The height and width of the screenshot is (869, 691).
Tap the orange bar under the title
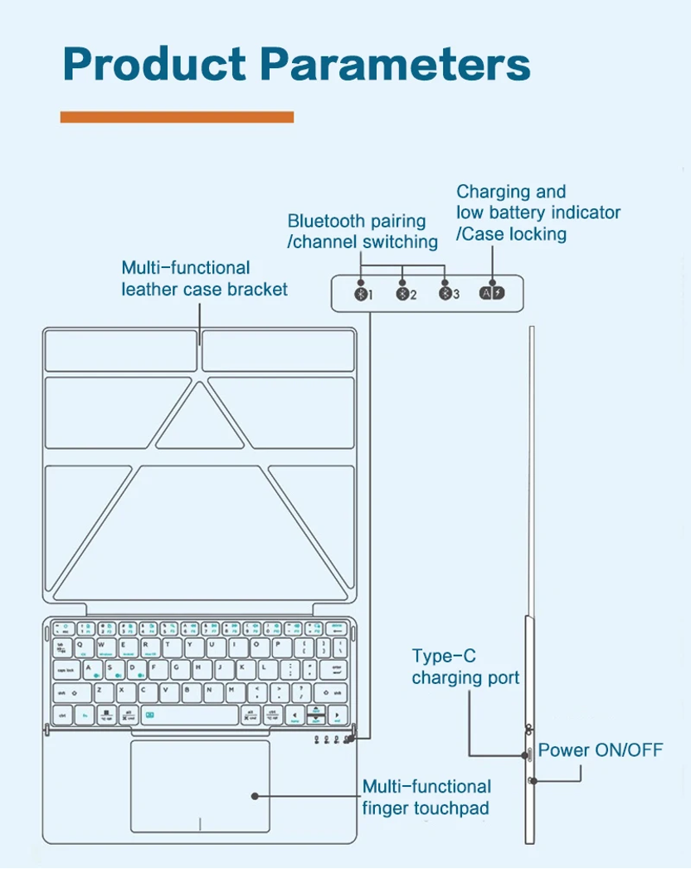[177, 117]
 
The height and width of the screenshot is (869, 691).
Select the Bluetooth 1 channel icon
[360, 294]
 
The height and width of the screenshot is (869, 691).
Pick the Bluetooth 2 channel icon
[403, 294]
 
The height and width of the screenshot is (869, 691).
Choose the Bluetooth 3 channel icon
[445, 294]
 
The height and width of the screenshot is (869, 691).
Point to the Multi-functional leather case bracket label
[204, 278]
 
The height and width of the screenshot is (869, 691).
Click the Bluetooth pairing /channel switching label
[363, 232]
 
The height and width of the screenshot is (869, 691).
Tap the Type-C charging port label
[465, 666]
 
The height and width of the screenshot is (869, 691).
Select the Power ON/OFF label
[601, 750]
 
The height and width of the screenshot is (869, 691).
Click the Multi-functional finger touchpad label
[426, 797]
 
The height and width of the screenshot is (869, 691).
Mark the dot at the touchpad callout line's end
[255, 796]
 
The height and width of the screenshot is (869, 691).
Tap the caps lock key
[66, 668]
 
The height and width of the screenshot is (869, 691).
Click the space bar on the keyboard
[189, 714]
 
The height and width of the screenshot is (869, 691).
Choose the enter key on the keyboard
[337, 668]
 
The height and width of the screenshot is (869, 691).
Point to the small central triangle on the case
[199, 419]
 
